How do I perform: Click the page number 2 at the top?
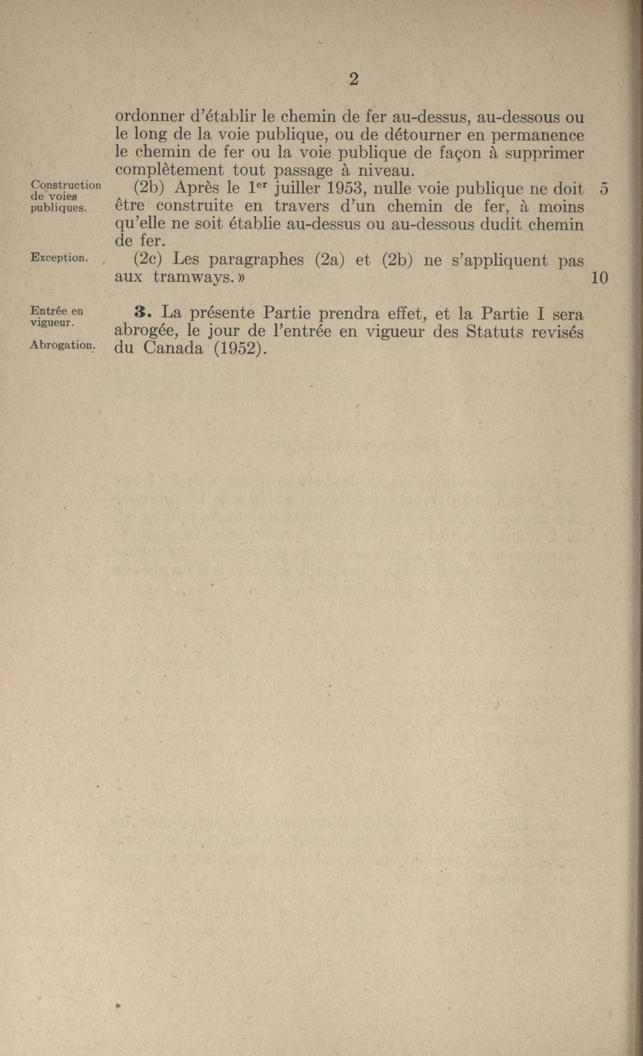coord(354,80)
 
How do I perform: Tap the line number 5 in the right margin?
coord(604,189)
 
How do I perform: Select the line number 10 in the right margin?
coord(599,278)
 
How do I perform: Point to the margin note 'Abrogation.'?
coord(62,345)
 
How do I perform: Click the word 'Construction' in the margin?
coord(66,185)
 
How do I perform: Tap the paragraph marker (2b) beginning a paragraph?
coord(147,189)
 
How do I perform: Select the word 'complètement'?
coord(170,170)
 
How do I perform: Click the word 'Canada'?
coord(173,348)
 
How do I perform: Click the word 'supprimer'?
coord(544,153)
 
